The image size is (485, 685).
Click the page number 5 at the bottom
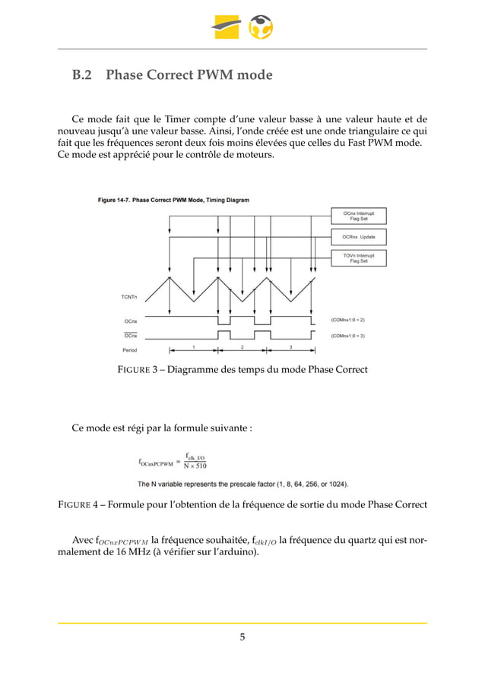[x=242, y=637]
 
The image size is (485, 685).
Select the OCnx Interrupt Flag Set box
[x=359, y=216]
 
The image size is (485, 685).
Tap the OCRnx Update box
[x=359, y=237]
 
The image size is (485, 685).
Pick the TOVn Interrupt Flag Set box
[x=359, y=258]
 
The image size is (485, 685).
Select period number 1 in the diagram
[x=193, y=347]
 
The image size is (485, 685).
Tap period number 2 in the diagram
[x=242, y=347]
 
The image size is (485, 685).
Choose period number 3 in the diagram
[x=290, y=347]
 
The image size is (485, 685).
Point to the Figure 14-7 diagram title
[x=173, y=200]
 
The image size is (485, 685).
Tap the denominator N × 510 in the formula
[x=195, y=466]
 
